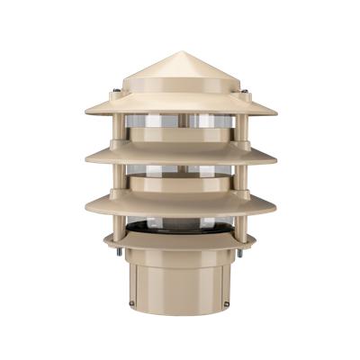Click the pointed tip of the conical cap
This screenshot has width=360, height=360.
point(179,50)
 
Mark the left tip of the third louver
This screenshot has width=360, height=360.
point(85,207)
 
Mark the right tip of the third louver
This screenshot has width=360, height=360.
point(275,207)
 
